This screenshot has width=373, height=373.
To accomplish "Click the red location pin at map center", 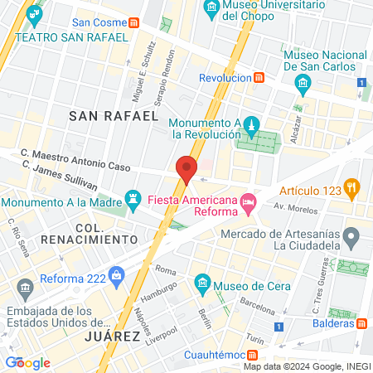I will (x=186, y=169).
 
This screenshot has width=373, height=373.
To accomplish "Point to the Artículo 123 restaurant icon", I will (x=352, y=188).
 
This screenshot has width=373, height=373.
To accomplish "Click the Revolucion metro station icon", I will (x=259, y=78).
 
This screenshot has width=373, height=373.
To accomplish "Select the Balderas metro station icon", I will (x=362, y=323).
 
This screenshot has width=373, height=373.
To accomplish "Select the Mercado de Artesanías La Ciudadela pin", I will (x=351, y=239).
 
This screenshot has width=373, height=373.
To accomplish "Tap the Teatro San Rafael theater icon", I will (x=32, y=15).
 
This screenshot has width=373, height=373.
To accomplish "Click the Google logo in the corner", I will (x=27, y=362).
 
